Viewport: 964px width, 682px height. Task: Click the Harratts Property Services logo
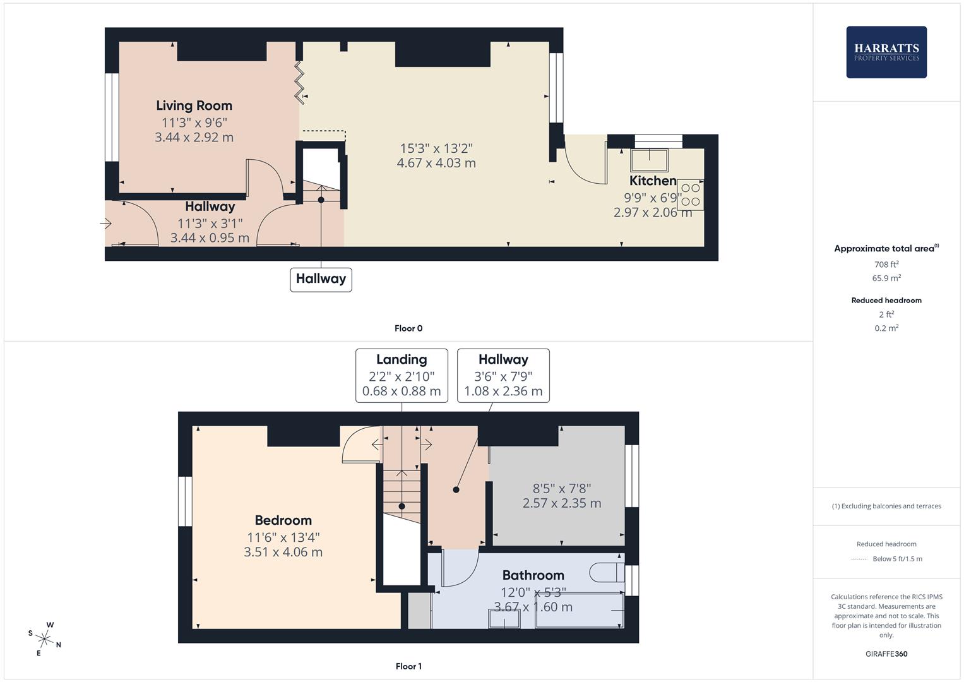pos(886,52)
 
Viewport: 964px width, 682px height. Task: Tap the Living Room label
pos(194,105)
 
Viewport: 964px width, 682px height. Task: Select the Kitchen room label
pos(653,181)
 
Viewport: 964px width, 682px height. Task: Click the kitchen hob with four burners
pos(691,194)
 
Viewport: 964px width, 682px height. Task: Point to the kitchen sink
pos(649,160)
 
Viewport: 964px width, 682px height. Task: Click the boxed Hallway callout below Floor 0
pos(321,279)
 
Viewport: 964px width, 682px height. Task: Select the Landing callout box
pos(402,375)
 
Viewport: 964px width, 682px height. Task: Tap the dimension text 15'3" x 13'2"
pos(436,148)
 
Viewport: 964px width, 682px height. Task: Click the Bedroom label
pos(283,520)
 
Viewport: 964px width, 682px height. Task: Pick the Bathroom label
pos(533,575)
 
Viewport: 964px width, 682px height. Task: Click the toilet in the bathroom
pos(606,573)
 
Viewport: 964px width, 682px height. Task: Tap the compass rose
pos(44,638)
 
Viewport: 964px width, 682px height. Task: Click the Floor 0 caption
pos(408,328)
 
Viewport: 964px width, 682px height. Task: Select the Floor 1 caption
pos(408,666)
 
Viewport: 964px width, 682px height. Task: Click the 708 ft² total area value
pos(886,265)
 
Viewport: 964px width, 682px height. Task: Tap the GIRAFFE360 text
pos(886,654)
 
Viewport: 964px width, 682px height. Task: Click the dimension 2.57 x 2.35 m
pos(561,503)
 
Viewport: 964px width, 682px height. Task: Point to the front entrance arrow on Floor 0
pos(105,224)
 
